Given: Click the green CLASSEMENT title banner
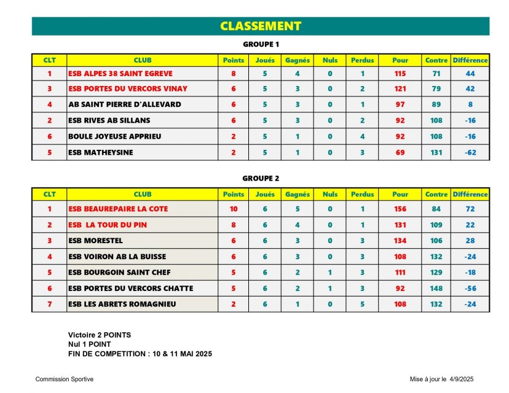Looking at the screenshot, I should (261, 26).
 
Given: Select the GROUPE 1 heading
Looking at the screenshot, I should (261, 44).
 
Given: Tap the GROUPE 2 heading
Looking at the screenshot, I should (261, 178).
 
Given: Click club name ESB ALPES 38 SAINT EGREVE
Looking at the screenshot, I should (120, 74).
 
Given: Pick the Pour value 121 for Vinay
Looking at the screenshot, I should (400, 88).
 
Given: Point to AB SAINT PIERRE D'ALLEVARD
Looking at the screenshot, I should (125, 104).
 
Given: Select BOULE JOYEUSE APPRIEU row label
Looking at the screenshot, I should (114, 136).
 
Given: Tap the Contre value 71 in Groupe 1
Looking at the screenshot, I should (436, 74).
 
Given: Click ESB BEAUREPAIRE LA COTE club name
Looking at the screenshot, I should (118, 209).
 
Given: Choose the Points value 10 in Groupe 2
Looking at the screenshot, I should (234, 209).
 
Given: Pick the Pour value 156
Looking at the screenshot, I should (400, 209).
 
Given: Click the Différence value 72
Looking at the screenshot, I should (470, 209).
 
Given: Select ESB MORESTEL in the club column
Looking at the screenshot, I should (95, 241).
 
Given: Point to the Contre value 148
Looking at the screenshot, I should (436, 289).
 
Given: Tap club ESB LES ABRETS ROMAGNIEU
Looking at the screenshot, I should (122, 305).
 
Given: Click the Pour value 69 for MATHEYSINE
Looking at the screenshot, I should (400, 152).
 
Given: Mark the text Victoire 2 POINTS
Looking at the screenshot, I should (100, 335).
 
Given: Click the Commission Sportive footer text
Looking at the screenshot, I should (65, 379).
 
